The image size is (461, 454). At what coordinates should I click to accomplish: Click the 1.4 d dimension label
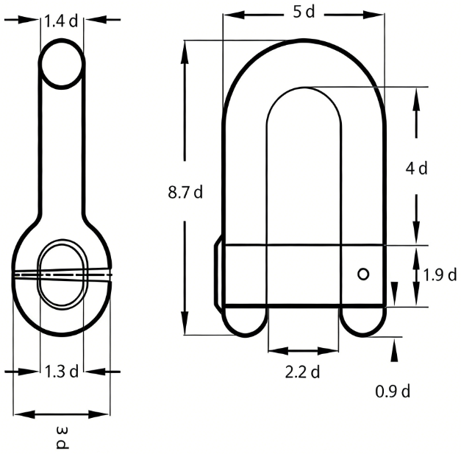pyautogui.click(x=61, y=21)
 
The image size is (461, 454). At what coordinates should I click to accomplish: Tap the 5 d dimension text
pyautogui.click(x=302, y=13)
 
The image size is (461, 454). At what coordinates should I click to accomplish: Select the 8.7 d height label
pyautogui.click(x=185, y=193)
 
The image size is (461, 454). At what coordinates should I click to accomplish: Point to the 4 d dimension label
pyautogui.click(x=416, y=169)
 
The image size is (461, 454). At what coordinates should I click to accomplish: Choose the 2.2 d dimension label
pyautogui.click(x=302, y=372)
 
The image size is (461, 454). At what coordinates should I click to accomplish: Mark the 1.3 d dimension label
pyautogui.click(x=61, y=371)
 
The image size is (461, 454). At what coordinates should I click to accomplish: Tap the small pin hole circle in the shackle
pyautogui.click(x=362, y=274)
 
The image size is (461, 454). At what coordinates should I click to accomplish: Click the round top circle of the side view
pyautogui.click(x=62, y=63)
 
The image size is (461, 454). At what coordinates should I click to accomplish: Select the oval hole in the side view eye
pyautogui.click(x=62, y=272)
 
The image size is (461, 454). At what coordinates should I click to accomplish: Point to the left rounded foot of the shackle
pyautogui.click(x=245, y=321)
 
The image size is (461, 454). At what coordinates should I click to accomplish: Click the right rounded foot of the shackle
pyautogui.click(x=362, y=321)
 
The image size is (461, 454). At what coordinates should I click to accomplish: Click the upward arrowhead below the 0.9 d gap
pyautogui.click(x=396, y=351)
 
